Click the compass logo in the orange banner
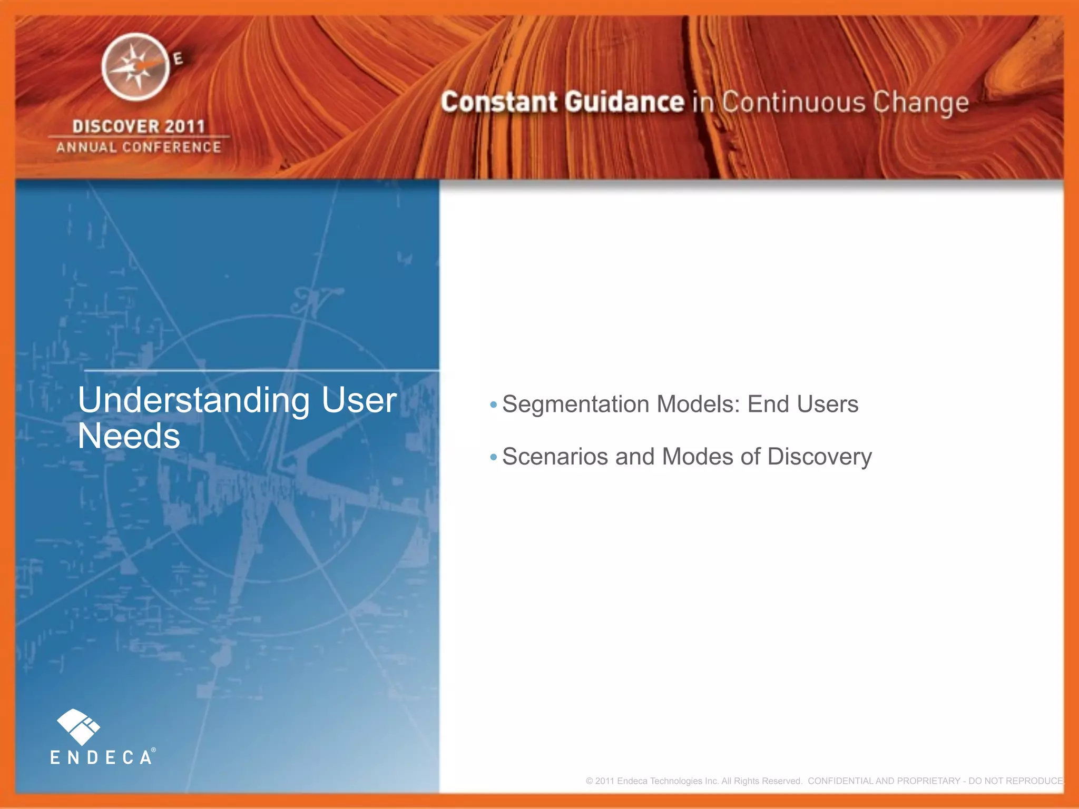pos(136,67)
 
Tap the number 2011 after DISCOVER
pos(184,126)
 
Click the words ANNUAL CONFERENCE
pos(139,147)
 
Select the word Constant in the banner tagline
pos(499,102)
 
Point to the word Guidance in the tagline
pos(625,102)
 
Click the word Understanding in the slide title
pos(193,400)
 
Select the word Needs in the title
pos(129,436)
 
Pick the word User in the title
pos(358,400)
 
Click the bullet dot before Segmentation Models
pos(493,404)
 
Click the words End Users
pos(802,404)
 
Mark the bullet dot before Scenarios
pos(493,457)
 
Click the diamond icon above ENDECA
pos(78,726)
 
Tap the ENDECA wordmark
pos(101,757)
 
